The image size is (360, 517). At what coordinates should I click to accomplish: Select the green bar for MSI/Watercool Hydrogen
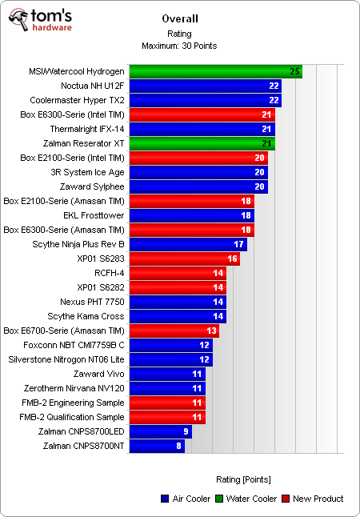tap(215, 71)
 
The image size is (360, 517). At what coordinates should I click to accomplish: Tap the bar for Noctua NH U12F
tap(205, 86)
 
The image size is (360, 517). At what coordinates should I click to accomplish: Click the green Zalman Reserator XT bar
tap(202, 143)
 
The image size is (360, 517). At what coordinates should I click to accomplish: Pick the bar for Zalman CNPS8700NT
tap(157, 446)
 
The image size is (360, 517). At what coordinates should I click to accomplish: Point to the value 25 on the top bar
tap(295, 72)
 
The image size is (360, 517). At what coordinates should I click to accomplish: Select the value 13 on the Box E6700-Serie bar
tap(212, 331)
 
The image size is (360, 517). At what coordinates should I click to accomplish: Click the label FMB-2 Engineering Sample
tap(72, 403)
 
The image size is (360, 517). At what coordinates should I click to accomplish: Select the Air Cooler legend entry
tap(184, 499)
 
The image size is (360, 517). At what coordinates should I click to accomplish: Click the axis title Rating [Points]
tap(243, 479)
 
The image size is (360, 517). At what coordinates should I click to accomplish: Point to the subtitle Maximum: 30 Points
tap(179, 45)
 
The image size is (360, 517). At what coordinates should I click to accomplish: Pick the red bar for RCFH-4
tap(177, 273)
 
